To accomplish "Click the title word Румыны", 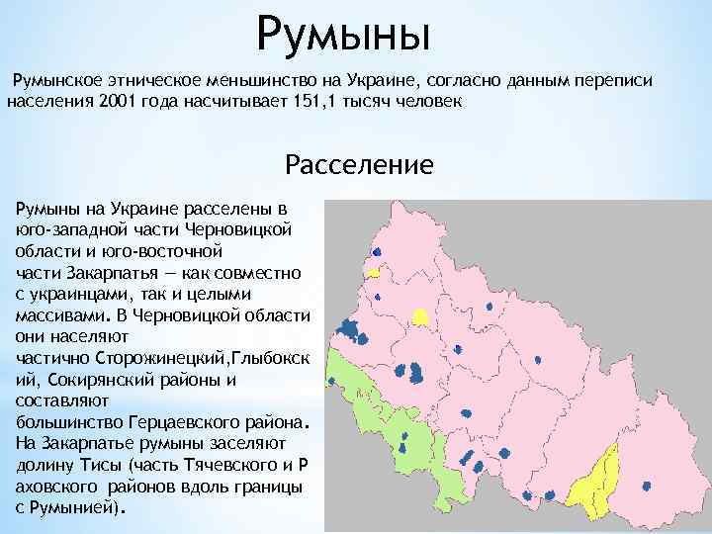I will coord(343,34).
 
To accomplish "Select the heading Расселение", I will coord(358,163).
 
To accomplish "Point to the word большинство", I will coord(60,423).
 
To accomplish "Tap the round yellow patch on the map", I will coord(420,316).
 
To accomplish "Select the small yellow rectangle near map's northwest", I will coord(374,271).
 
